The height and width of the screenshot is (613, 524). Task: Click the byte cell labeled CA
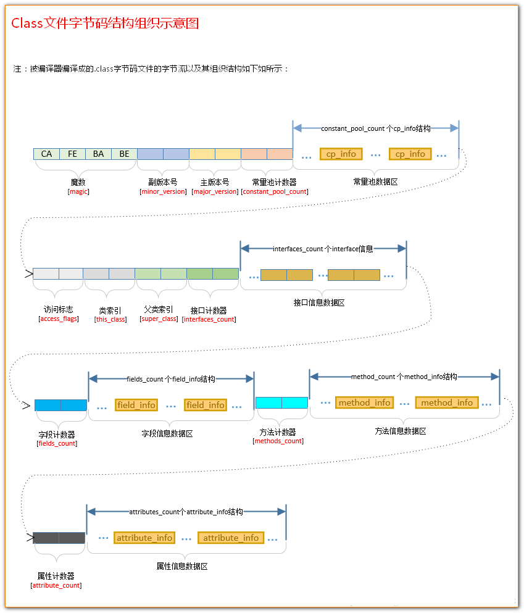(46, 154)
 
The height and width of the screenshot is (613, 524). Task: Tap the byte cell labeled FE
(72, 154)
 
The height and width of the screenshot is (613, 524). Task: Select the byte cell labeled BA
(98, 154)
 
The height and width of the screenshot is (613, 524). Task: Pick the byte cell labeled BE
(124, 154)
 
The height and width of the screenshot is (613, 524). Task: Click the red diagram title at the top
(105, 23)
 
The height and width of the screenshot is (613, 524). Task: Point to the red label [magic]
(78, 191)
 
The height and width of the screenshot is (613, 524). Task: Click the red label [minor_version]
(163, 191)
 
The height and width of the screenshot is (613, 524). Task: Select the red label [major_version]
(215, 191)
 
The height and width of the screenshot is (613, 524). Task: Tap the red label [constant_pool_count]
(275, 191)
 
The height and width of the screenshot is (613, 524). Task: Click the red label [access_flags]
(58, 319)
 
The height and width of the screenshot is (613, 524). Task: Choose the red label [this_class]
(110, 319)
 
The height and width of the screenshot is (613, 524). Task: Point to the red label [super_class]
(159, 319)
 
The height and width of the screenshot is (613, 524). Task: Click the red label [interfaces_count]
(209, 319)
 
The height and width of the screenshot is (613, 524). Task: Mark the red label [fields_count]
(57, 443)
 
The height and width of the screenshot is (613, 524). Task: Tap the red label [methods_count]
(278, 441)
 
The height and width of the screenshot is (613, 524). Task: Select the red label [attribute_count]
(56, 585)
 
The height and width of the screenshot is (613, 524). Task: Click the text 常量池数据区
(375, 182)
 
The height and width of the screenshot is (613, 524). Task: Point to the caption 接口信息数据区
(319, 302)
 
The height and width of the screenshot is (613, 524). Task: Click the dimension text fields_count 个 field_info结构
(171, 379)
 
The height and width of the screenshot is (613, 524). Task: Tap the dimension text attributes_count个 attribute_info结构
(186, 512)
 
